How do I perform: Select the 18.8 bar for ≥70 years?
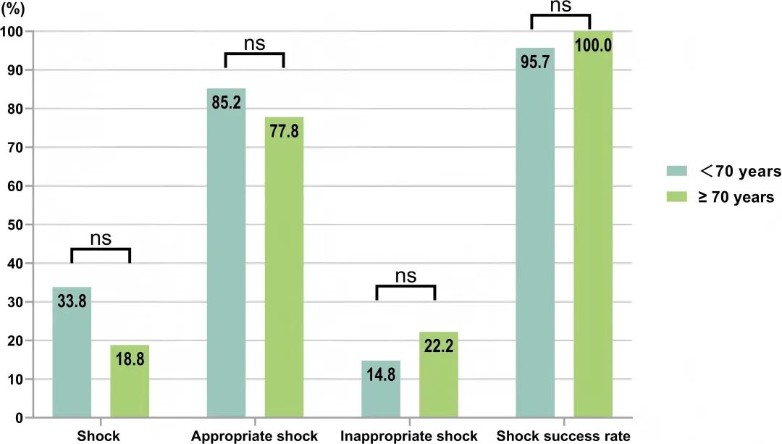(x=130, y=382)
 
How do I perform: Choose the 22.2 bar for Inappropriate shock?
(x=439, y=375)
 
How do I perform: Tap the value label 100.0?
(x=593, y=45)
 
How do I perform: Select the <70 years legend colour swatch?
(x=676, y=172)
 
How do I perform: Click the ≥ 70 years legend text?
(x=736, y=197)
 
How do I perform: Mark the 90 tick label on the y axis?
(x=14, y=70)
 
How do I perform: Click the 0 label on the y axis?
(x=18, y=418)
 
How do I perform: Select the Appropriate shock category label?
(x=254, y=436)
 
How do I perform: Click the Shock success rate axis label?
(x=563, y=436)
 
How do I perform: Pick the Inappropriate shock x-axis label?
(x=409, y=436)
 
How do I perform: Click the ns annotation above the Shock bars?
(x=101, y=238)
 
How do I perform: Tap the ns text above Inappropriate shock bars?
(x=406, y=275)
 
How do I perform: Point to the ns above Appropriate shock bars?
(x=254, y=43)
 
